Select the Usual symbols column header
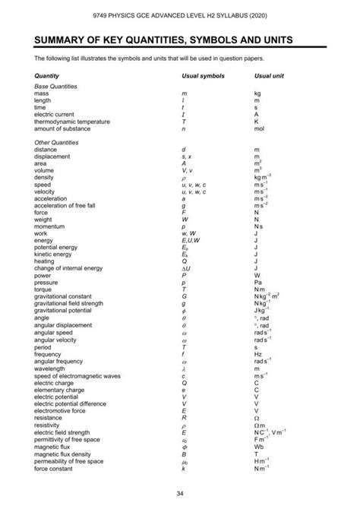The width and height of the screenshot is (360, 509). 203,76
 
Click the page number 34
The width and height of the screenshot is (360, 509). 180,494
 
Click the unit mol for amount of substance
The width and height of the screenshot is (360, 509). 259,128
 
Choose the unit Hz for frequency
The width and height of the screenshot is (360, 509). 257,353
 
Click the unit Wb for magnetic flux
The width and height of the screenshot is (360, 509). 258,447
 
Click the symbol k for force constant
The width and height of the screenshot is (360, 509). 184,468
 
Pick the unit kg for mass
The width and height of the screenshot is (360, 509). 257,93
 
